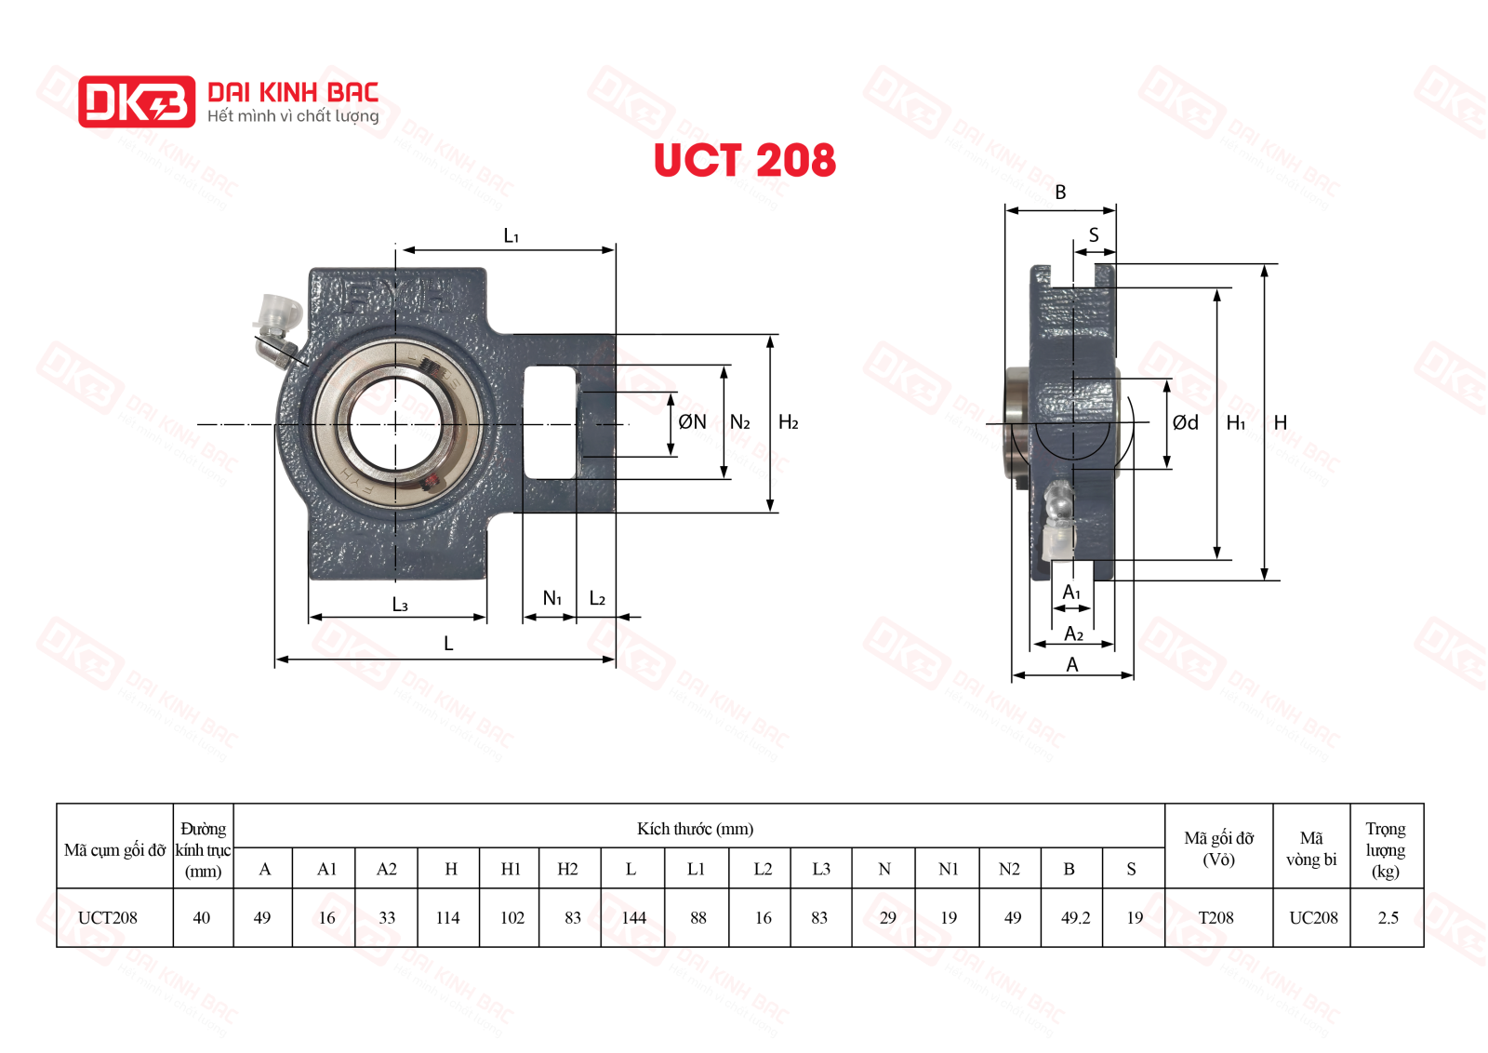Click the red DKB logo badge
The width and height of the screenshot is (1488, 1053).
pyautogui.click(x=137, y=101)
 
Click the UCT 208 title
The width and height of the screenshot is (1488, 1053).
pyautogui.click(x=745, y=160)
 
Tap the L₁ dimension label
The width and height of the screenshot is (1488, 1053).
pyautogui.click(x=511, y=236)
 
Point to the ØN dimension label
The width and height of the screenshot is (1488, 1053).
pyautogui.click(x=692, y=422)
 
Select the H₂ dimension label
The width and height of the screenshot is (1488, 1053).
pyautogui.click(x=789, y=422)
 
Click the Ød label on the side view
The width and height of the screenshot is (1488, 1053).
pyautogui.click(x=1186, y=422)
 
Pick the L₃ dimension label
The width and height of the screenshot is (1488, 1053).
pyautogui.click(x=400, y=605)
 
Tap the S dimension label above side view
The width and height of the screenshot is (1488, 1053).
pyautogui.click(x=1094, y=234)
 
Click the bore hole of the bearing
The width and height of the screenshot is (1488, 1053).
pyautogui.click(x=396, y=424)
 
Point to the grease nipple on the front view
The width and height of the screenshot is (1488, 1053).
pyautogui.click(x=278, y=327)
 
